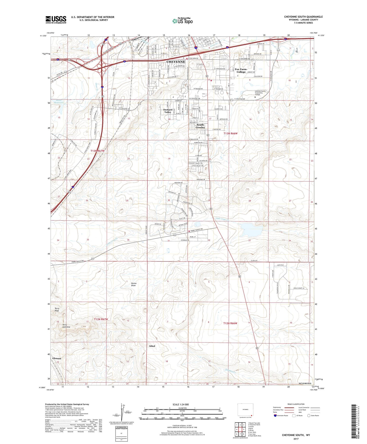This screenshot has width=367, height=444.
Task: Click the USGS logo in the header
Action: tap(56, 20)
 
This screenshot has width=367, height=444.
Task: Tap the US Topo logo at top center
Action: tap(182, 21)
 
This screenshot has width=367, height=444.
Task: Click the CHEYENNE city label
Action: tap(175, 62)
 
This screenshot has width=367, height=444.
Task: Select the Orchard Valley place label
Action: tap(168, 111)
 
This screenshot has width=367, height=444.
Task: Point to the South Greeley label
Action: tap(200, 126)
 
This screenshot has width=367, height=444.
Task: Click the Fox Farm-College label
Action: tap(241, 70)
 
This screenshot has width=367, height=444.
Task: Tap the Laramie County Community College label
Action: tap(260, 93)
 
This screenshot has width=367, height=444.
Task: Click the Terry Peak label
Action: tap(57, 309)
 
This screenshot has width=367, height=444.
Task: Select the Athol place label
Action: tap(152, 346)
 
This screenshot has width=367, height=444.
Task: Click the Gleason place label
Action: tap(57, 358)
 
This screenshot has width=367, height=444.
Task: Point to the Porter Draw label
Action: tap(134, 284)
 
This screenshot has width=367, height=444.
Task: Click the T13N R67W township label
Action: tap(98, 151)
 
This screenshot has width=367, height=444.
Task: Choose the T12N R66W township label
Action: tap(230, 323)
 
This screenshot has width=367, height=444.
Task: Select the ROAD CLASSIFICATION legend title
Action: tap(296, 404)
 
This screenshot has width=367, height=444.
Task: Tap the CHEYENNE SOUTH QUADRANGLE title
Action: tap(303, 17)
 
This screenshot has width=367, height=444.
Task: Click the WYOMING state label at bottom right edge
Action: tap(305, 383)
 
